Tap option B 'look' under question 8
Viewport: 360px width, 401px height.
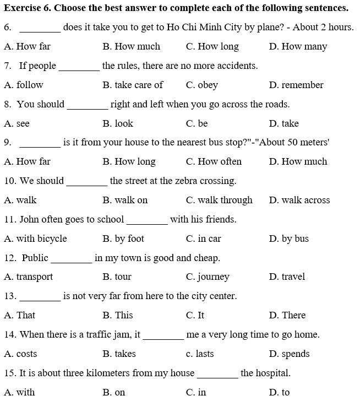[x=124, y=123]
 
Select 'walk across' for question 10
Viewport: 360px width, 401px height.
[x=306, y=200]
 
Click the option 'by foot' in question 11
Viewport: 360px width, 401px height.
[x=129, y=239]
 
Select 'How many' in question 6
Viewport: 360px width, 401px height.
[x=304, y=47]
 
